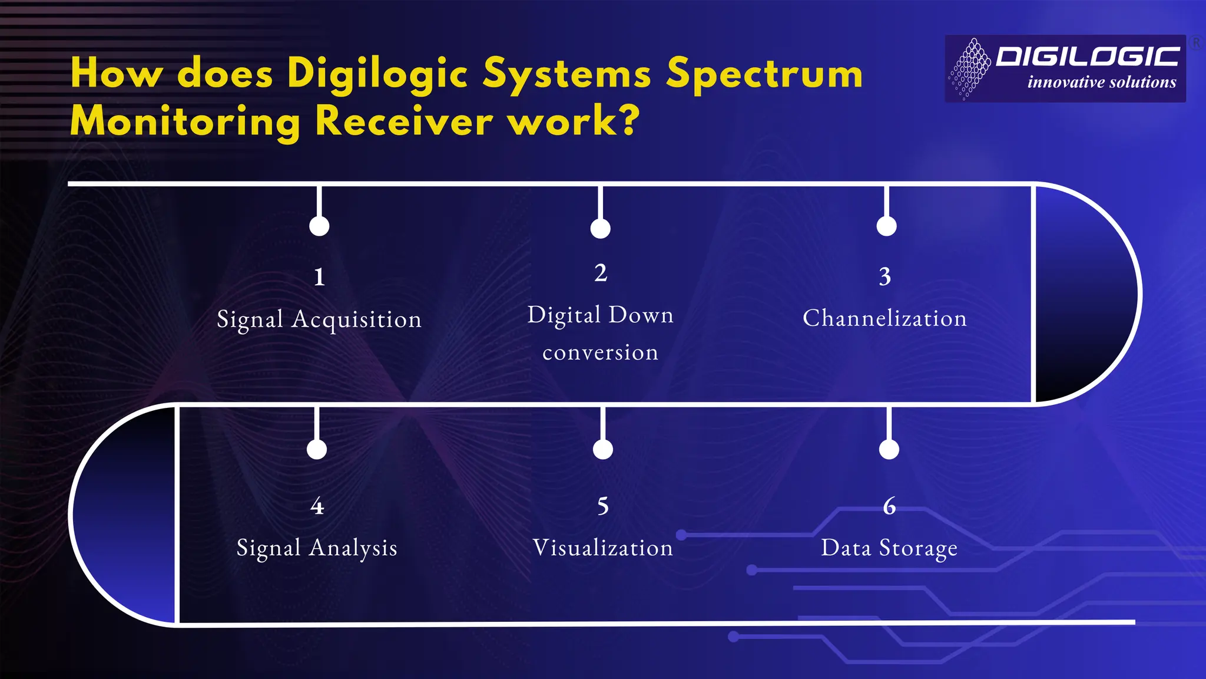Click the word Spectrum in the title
point(764,74)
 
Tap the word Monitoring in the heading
point(185,121)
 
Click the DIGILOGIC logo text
point(1088,57)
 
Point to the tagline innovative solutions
point(1101,82)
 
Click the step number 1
point(319,276)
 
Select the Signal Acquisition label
point(319,319)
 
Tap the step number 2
point(601,273)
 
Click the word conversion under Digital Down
point(600,352)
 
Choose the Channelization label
point(884,318)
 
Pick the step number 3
point(885,276)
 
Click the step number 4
point(317,506)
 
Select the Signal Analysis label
point(317,548)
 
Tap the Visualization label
point(602,548)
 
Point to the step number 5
point(603,506)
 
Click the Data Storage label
point(889,548)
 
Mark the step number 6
point(889,506)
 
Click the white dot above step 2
point(601,229)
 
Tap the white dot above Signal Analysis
point(317,450)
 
